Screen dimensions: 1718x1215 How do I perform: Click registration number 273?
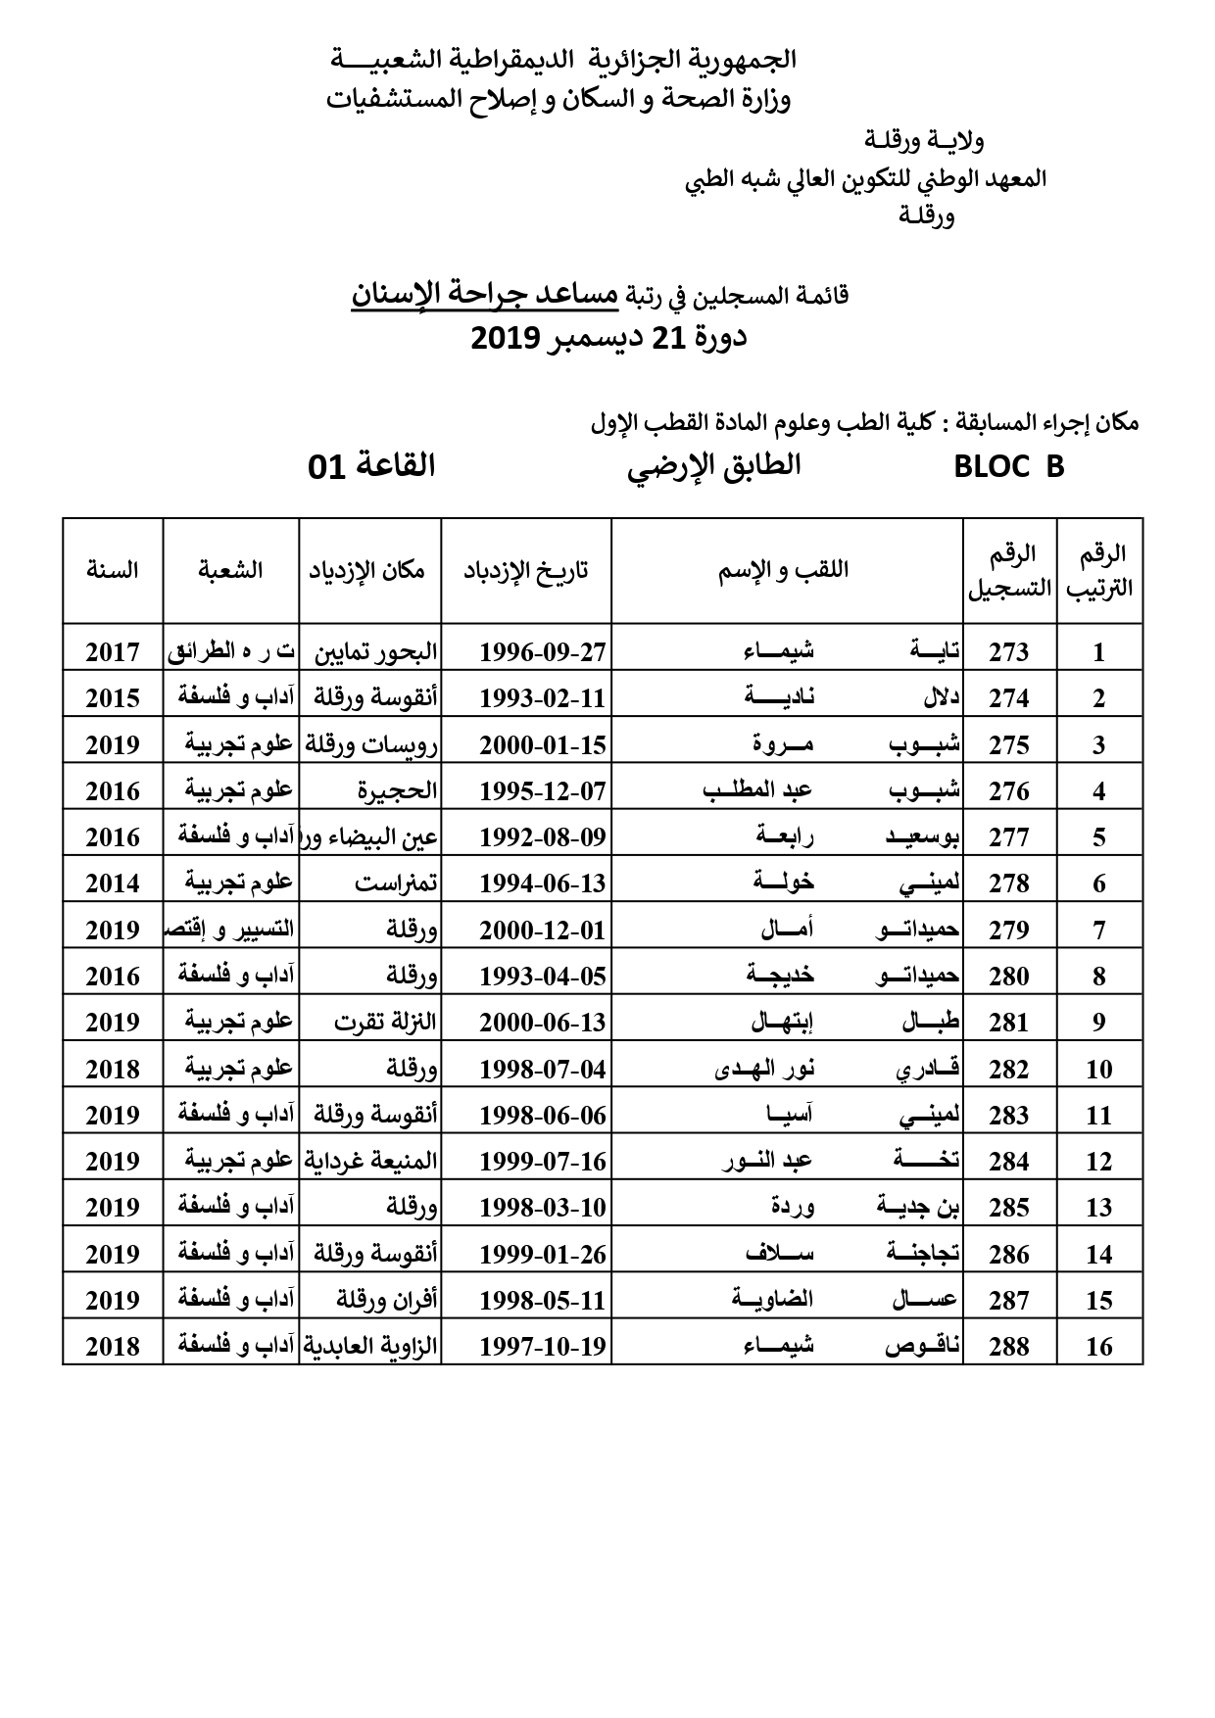coord(1008,652)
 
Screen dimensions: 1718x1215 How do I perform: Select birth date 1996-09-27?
coord(543,652)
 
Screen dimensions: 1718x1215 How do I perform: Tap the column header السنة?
coord(112,570)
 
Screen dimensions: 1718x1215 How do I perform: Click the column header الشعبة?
coord(230,570)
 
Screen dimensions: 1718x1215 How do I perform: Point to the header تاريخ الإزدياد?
coord(526,570)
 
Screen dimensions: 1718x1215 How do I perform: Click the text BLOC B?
coord(1008,467)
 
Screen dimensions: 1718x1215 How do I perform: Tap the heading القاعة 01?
coord(371,465)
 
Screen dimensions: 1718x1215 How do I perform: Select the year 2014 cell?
coord(112,883)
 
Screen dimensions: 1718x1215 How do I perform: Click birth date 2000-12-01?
coord(543,931)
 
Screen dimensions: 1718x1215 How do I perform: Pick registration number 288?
coord(1008,1347)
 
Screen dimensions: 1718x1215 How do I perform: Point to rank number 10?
coord(1099,1070)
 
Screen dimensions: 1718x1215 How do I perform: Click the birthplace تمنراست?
coord(396,883)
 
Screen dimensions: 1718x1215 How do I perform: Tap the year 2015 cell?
coord(112,698)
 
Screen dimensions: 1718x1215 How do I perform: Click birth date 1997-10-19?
coord(543,1347)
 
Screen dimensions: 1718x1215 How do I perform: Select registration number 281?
coord(1008,1023)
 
